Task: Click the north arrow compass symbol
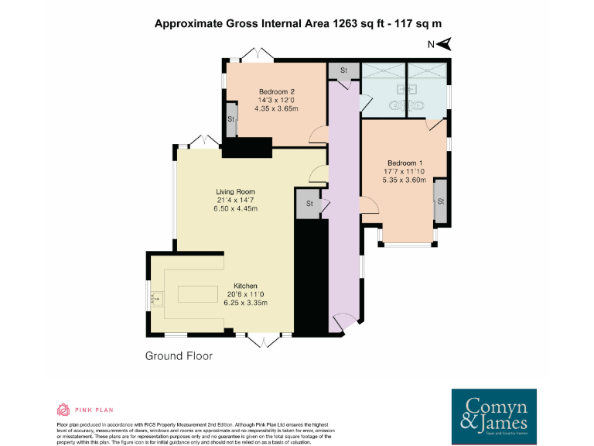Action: (443, 44)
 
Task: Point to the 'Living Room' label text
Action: (235, 191)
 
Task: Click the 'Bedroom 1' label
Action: (405, 162)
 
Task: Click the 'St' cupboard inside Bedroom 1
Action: (440, 201)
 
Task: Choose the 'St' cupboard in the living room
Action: (309, 204)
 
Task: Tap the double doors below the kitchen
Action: (263, 341)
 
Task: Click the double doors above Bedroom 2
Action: (255, 55)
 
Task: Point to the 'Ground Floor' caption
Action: (179, 356)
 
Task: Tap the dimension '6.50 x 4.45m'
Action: (235, 209)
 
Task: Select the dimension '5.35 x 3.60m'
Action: (405, 180)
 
